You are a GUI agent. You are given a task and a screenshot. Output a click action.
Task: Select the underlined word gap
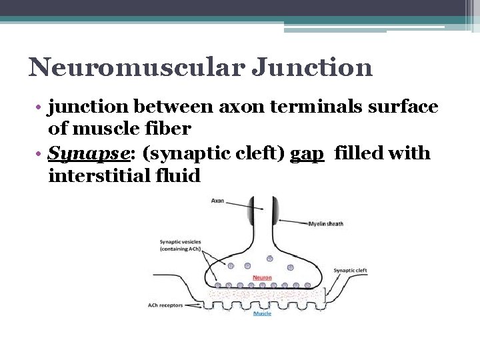click(307, 155)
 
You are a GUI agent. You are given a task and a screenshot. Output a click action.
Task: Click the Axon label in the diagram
click(218, 200)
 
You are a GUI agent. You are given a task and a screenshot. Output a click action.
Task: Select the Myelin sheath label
click(326, 223)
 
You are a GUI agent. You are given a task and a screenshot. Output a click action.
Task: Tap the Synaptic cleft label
click(350, 271)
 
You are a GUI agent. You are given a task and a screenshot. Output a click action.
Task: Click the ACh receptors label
click(165, 305)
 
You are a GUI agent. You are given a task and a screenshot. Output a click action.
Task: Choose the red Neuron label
click(261, 277)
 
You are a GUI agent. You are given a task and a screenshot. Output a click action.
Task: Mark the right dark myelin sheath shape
click(274, 213)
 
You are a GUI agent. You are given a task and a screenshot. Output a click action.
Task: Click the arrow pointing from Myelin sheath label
click(293, 221)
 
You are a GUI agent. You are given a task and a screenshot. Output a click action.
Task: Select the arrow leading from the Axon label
click(248, 205)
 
